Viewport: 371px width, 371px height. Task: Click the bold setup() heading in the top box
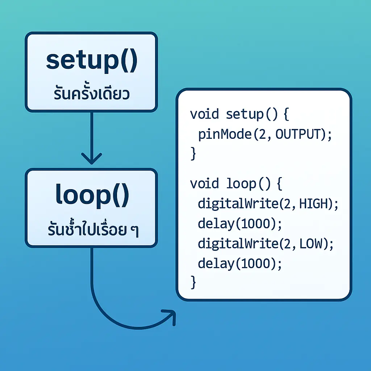point(91,62)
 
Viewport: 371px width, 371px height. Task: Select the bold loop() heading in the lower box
point(92,196)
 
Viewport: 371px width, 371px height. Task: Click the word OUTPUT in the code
point(299,134)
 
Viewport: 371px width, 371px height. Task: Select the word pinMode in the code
point(225,135)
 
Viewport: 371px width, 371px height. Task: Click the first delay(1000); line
point(239,224)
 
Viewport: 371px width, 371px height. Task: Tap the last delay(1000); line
point(239,263)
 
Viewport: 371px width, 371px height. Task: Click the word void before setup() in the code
point(204,114)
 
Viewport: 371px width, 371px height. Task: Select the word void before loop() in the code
point(204,184)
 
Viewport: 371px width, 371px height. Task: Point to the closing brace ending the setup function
point(193,154)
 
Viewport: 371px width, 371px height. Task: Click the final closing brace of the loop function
point(193,282)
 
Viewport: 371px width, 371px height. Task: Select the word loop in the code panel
point(241,184)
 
